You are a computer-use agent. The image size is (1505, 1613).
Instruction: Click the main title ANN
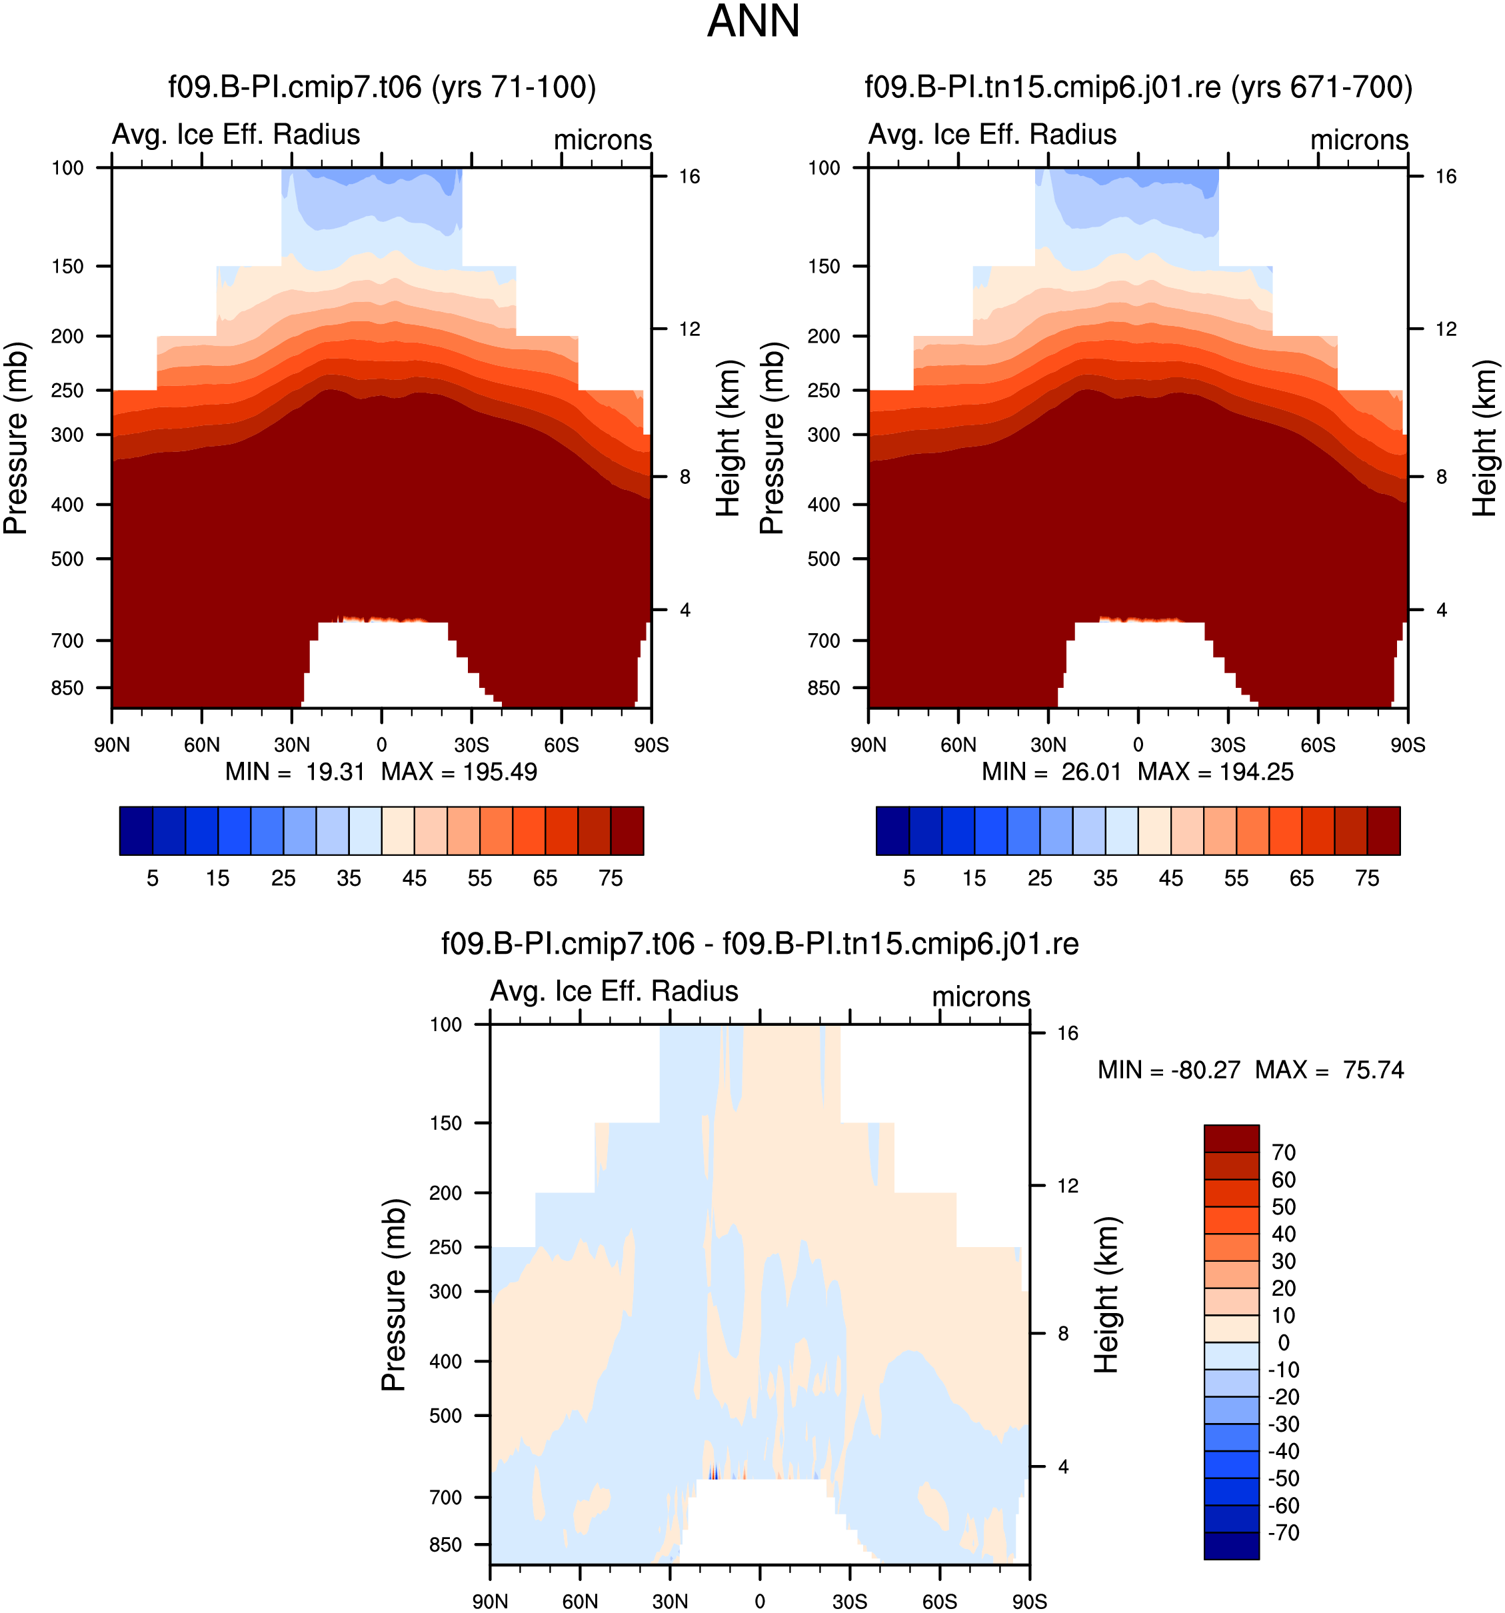tap(753, 22)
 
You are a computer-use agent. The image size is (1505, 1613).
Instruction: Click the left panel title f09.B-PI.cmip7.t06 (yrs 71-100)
tap(382, 87)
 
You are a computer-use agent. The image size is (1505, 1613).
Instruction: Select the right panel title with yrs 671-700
tap(1138, 87)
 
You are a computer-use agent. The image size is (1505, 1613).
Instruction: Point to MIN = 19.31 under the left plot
tap(295, 772)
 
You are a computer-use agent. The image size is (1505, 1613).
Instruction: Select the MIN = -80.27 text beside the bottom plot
tap(1168, 1070)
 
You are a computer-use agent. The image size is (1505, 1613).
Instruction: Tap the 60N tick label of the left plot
tap(201, 745)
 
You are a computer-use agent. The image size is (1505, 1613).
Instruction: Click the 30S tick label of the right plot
tap(1228, 745)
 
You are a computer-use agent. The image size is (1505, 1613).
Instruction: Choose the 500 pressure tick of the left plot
tap(67, 559)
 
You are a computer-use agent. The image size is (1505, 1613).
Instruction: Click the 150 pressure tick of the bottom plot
tap(445, 1123)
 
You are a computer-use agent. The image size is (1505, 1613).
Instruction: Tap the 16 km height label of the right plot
tap(1446, 177)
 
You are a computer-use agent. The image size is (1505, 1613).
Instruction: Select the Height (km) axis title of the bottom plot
tap(1106, 1295)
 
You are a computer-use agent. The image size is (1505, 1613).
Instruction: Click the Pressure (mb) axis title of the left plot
tap(16, 438)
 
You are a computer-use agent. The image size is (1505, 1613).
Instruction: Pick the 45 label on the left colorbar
tap(414, 878)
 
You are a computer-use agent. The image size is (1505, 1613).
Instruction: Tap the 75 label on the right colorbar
tap(1367, 878)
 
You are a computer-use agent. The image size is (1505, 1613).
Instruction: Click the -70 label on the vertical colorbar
tap(1284, 1532)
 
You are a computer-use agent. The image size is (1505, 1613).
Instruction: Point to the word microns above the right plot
tap(1359, 139)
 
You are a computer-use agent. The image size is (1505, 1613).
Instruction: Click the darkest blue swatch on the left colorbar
tap(135, 831)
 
